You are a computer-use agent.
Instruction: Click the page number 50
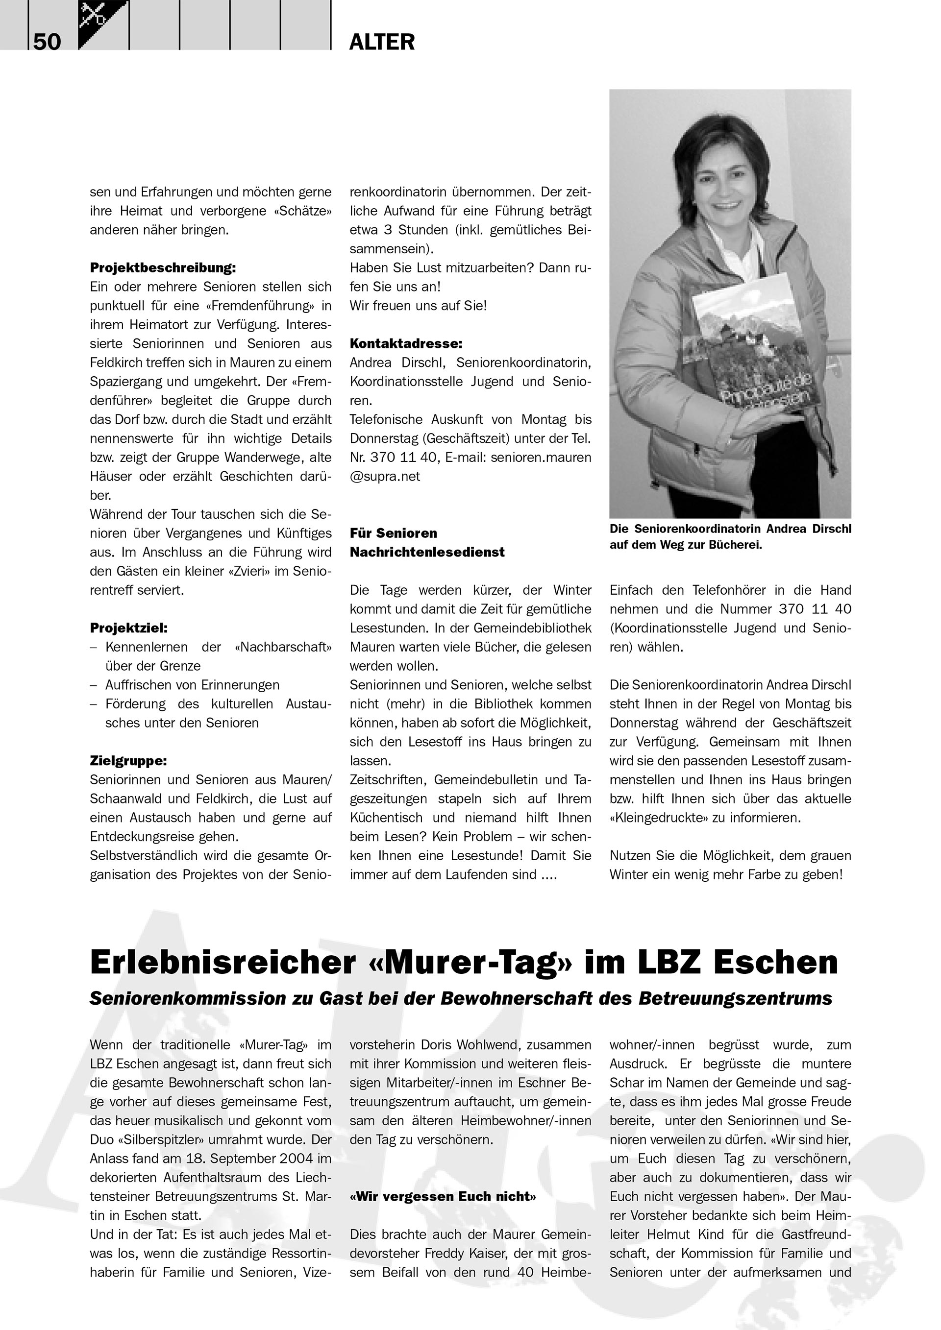click(x=47, y=42)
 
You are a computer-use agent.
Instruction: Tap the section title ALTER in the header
click(x=382, y=42)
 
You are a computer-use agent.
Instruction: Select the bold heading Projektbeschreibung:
click(x=163, y=267)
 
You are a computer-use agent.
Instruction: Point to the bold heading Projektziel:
click(x=128, y=628)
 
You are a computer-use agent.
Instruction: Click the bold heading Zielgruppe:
click(x=128, y=761)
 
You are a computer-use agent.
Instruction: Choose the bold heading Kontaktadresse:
click(x=406, y=343)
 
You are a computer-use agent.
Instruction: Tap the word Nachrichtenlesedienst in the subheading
click(x=427, y=552)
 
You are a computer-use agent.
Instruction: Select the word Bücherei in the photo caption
click(x=735, y=545)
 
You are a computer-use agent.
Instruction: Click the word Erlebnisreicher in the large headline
click(x=223, y=962)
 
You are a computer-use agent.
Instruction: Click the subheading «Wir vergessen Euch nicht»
click(x=443, y=1196)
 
